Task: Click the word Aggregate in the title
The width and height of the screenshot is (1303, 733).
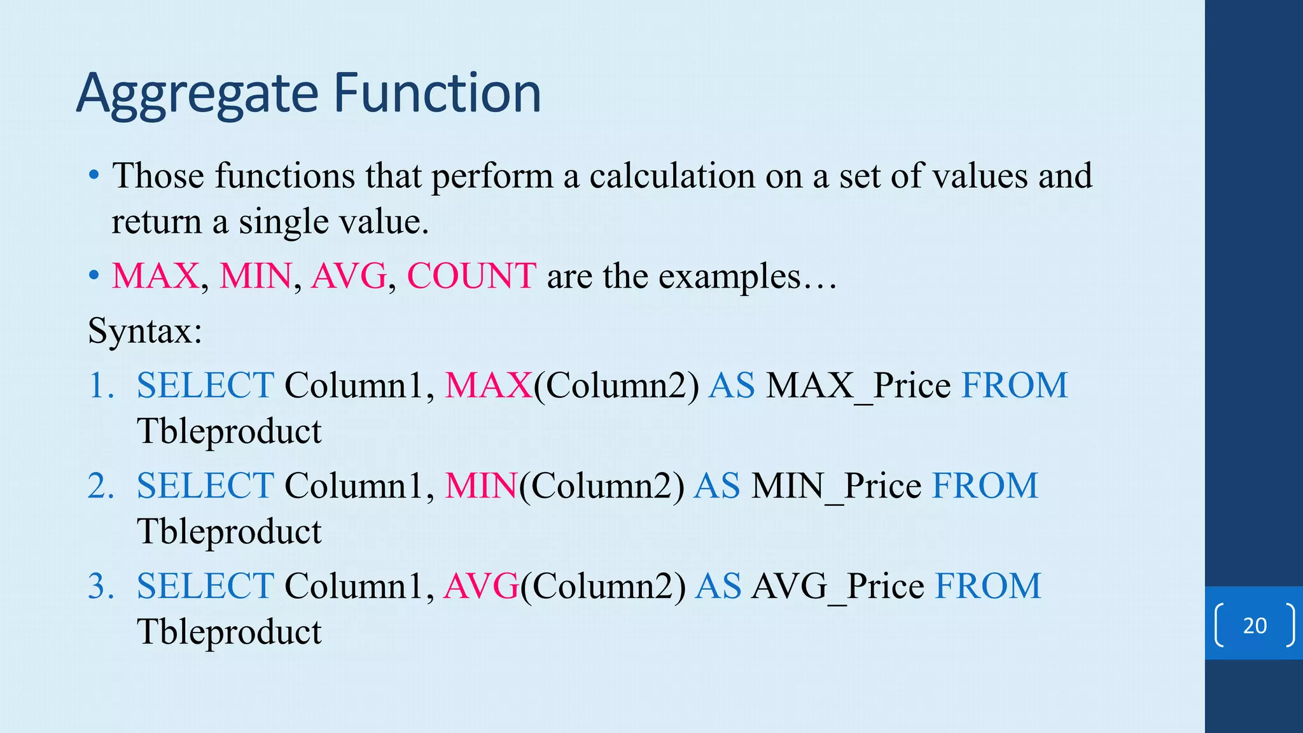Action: click(197, 94)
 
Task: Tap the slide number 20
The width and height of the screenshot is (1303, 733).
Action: click(1255, 625)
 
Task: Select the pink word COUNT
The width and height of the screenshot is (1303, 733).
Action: click(471, 276)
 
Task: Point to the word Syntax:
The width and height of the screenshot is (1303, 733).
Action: click(145, 331)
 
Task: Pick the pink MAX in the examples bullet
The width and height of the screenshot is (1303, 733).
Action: click(156, 276)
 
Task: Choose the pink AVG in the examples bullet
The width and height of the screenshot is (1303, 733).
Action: click(349, 276)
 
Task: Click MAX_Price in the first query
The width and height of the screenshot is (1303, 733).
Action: click(858, 386)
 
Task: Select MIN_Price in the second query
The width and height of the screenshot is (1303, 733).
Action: click(836, 486)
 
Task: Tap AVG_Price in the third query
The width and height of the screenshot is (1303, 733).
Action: click(837, 587)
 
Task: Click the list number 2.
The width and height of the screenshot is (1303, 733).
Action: click(101, 486)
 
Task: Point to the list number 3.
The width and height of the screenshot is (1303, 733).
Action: click(101, 587)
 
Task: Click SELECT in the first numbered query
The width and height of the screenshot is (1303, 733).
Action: click(206, 386)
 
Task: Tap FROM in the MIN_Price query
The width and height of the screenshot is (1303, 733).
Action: click(985, 486)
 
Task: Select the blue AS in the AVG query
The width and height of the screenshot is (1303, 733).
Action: click(718, 587)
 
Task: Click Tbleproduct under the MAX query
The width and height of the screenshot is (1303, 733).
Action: click(229, 431)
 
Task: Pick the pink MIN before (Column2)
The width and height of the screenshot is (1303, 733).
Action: click(480, 486)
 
